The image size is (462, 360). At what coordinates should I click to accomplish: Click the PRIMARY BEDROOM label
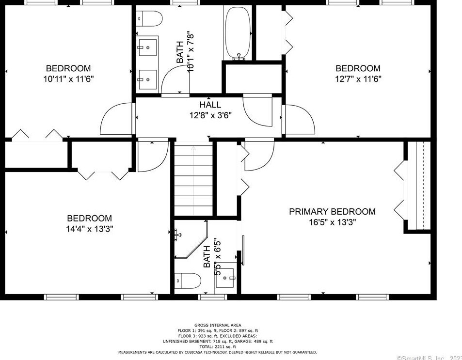(332, 212)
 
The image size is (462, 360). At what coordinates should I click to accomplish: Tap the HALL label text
(210, 105)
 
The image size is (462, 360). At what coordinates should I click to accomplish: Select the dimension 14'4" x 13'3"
(89, 229)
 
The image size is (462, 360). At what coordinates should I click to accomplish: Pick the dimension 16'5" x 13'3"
(332, 222)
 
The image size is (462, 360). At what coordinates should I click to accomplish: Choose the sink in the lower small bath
(225, 278)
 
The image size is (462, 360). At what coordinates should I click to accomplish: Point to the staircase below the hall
(193, 179)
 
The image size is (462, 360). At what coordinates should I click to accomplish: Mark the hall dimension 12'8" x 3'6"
(210, 115)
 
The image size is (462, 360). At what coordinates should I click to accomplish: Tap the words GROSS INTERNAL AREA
(218, 325)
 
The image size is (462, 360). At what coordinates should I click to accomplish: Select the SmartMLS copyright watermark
(429, 358)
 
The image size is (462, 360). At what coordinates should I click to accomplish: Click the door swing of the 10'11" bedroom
(116, 119)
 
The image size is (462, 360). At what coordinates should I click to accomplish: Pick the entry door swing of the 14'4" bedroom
(152, 157)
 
